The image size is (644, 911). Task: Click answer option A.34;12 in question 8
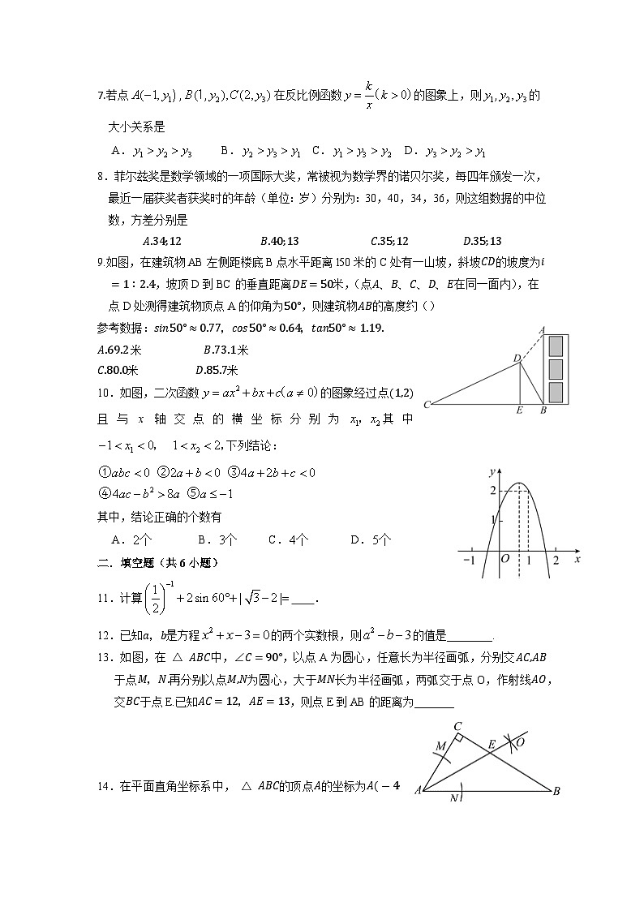coord(161,240)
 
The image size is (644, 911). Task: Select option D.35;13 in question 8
coord(482,240)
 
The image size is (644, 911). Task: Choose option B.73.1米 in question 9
coord(225,350)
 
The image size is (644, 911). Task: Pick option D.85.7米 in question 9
coord(215,370)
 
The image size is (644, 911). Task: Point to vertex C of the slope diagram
coord(427,403)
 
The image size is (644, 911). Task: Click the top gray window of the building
coord(556,346)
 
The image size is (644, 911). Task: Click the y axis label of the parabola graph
coord(492,471)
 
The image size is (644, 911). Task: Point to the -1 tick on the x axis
coord(468,560)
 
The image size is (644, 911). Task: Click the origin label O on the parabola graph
coord(504,559)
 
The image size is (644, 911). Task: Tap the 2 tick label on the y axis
coord(492,490)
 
